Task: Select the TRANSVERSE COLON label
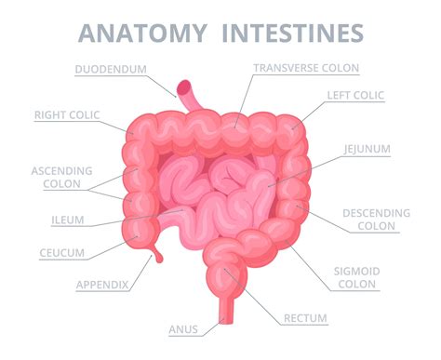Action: coord(305,67)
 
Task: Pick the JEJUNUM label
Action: coord(367,148)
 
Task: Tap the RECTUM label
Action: coord(305,318)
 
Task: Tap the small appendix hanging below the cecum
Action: coord(159,253)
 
